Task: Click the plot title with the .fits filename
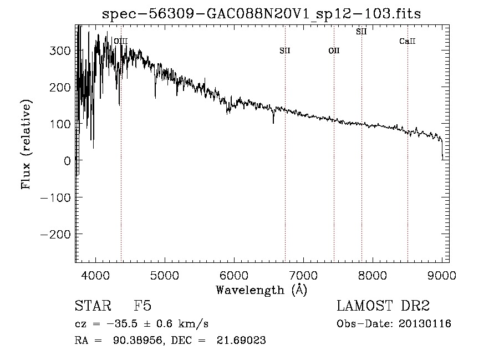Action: pyautogui.click(x=262, y=14)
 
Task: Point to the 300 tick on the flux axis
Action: pyautogui.click(x=60, y=50)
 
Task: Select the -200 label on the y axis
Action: pyautogui.click(x=55, y=234)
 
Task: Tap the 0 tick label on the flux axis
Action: pyautogui.click(x=67, y=161)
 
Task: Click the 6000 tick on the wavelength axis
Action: pyautogui.click(x=234, y=275)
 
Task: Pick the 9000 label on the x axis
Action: pyautogui.click(x=442, y=275)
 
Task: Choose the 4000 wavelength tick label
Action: pyautogui.click(x=95, y=275)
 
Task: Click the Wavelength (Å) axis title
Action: pyautogui.click(x=262, y=290)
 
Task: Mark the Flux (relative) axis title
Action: pyautogui.click(x=26, y=145)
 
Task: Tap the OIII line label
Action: pyautogui.click(x=121, y=41)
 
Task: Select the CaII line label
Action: pyautogui.click(x=408, y=41)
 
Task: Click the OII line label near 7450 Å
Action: pyautogui.click(x=334, y=50)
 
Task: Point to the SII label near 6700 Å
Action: pyautogui.click(x=285, y=50)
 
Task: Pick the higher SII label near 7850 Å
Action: pyautogui.click(x=361, y=32)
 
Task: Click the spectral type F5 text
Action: pyautogui.click(x=142, y=306)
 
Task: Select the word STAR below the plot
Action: pyautogui.click(x=93, y=306)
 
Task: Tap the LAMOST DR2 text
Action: pyautogui.click(x=383, y=306)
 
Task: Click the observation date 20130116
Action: pyautogui.click(x=425, y=324)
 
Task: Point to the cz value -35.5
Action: pyautogui.click(x=122, y=324)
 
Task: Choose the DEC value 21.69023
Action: pyautogui.click(x=241, y=340)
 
